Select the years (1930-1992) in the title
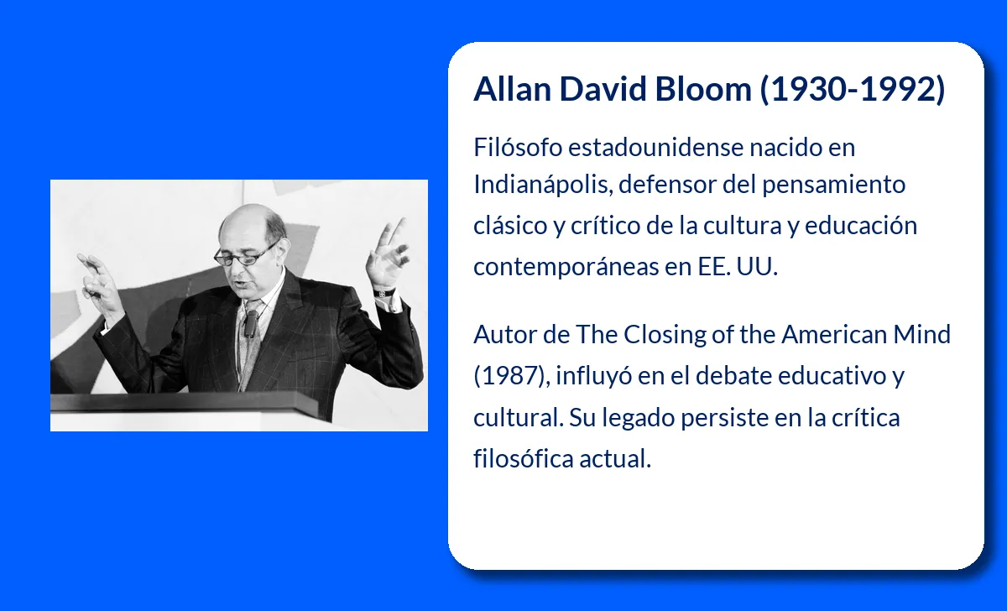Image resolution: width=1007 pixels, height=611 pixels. (853, 89)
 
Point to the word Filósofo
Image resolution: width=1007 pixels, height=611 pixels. (518, 147)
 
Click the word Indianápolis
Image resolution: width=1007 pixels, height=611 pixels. (540, 184)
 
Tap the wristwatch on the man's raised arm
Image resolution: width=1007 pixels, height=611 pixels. (384, 292)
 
